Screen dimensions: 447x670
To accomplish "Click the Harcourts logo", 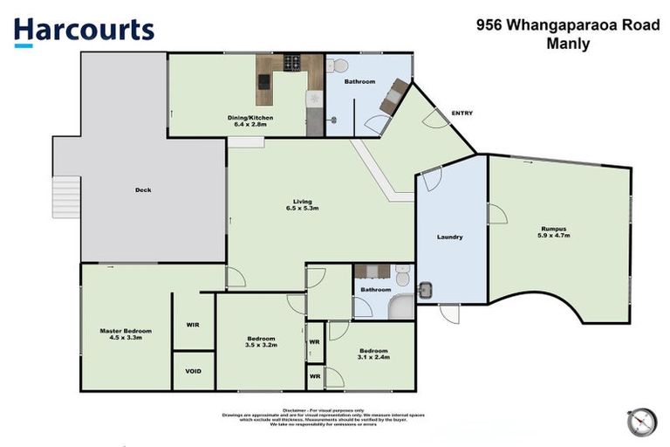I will point(84,31).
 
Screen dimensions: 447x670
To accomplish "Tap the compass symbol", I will point(641,422).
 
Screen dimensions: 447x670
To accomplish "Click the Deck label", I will point(143,189).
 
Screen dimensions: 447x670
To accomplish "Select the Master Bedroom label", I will point(126,331).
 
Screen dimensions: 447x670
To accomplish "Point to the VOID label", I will point(193,371).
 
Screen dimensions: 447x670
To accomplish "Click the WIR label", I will point(193,325).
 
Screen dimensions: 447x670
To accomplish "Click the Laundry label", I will point(449,237).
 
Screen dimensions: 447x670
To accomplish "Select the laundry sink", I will point(427,289).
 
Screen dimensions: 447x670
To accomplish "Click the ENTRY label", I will point(461,113).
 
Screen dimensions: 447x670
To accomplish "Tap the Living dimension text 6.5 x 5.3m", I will point(302,209).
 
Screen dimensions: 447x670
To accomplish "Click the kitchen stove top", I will point(291,63).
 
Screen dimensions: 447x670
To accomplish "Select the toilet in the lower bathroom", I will point(402,277).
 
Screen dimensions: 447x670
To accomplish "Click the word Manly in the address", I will point(567,44).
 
